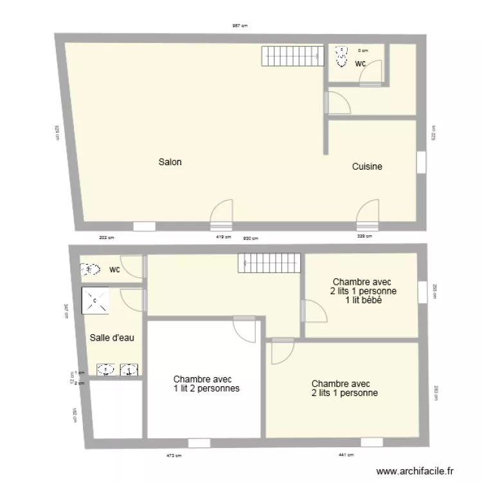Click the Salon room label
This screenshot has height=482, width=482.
170,163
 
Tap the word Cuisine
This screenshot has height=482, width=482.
367,166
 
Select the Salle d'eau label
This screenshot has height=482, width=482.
112,337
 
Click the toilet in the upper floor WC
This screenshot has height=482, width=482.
341,56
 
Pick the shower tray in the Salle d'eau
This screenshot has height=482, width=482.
95,300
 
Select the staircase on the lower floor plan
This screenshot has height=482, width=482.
269,262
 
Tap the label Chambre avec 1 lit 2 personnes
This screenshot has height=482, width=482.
206,384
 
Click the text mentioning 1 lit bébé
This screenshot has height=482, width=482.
363,299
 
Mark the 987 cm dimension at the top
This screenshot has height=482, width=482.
240,26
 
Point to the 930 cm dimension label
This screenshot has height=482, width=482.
249,238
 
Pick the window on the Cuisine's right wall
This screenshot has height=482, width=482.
421,162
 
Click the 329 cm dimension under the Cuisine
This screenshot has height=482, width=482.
365,237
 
